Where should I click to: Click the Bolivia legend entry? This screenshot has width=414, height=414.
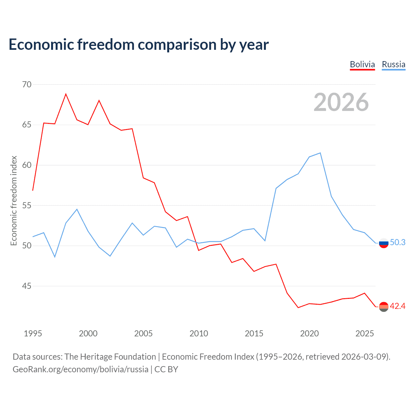tap(362, 64)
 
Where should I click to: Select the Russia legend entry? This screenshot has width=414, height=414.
tap(393, 64)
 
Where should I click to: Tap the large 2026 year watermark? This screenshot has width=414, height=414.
tap(341, 102)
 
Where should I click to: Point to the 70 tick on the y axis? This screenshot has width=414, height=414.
tap(27, 84)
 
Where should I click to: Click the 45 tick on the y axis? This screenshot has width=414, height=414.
tap(27, 286)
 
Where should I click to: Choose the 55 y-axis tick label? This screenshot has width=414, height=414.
tap(27, 205)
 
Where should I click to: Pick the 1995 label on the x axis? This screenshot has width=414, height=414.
tap(33, 333)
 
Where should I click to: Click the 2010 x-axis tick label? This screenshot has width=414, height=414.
tap(199, 333)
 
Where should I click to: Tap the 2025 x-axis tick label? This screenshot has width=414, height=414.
tap(365, 333)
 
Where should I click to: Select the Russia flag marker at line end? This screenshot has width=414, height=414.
tap(384, 243)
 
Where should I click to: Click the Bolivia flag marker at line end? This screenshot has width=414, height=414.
tap(384, 307)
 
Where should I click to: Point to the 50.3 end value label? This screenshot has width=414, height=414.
tap(398, 243)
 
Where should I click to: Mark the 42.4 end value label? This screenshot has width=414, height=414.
tap(398, 306)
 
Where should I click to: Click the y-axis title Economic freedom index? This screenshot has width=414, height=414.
tap(14, 201)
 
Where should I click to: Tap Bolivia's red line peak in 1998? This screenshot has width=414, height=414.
tap(66, 94)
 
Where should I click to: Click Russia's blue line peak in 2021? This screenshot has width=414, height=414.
tap(320, 153)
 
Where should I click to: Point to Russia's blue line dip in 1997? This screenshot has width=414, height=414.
tap(55, 257)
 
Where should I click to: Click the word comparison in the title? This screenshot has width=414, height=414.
tap(178, 45)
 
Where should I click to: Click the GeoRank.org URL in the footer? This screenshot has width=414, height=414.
tap(80, 369)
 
